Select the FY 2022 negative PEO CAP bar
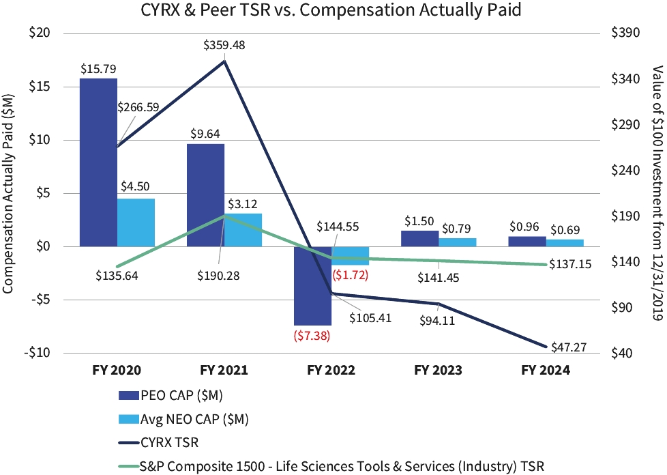(x=312, y=285)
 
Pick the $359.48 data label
(x=224, y=46)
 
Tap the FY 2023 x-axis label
(x=438, y=371)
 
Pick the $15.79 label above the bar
(x=98, y=68)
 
